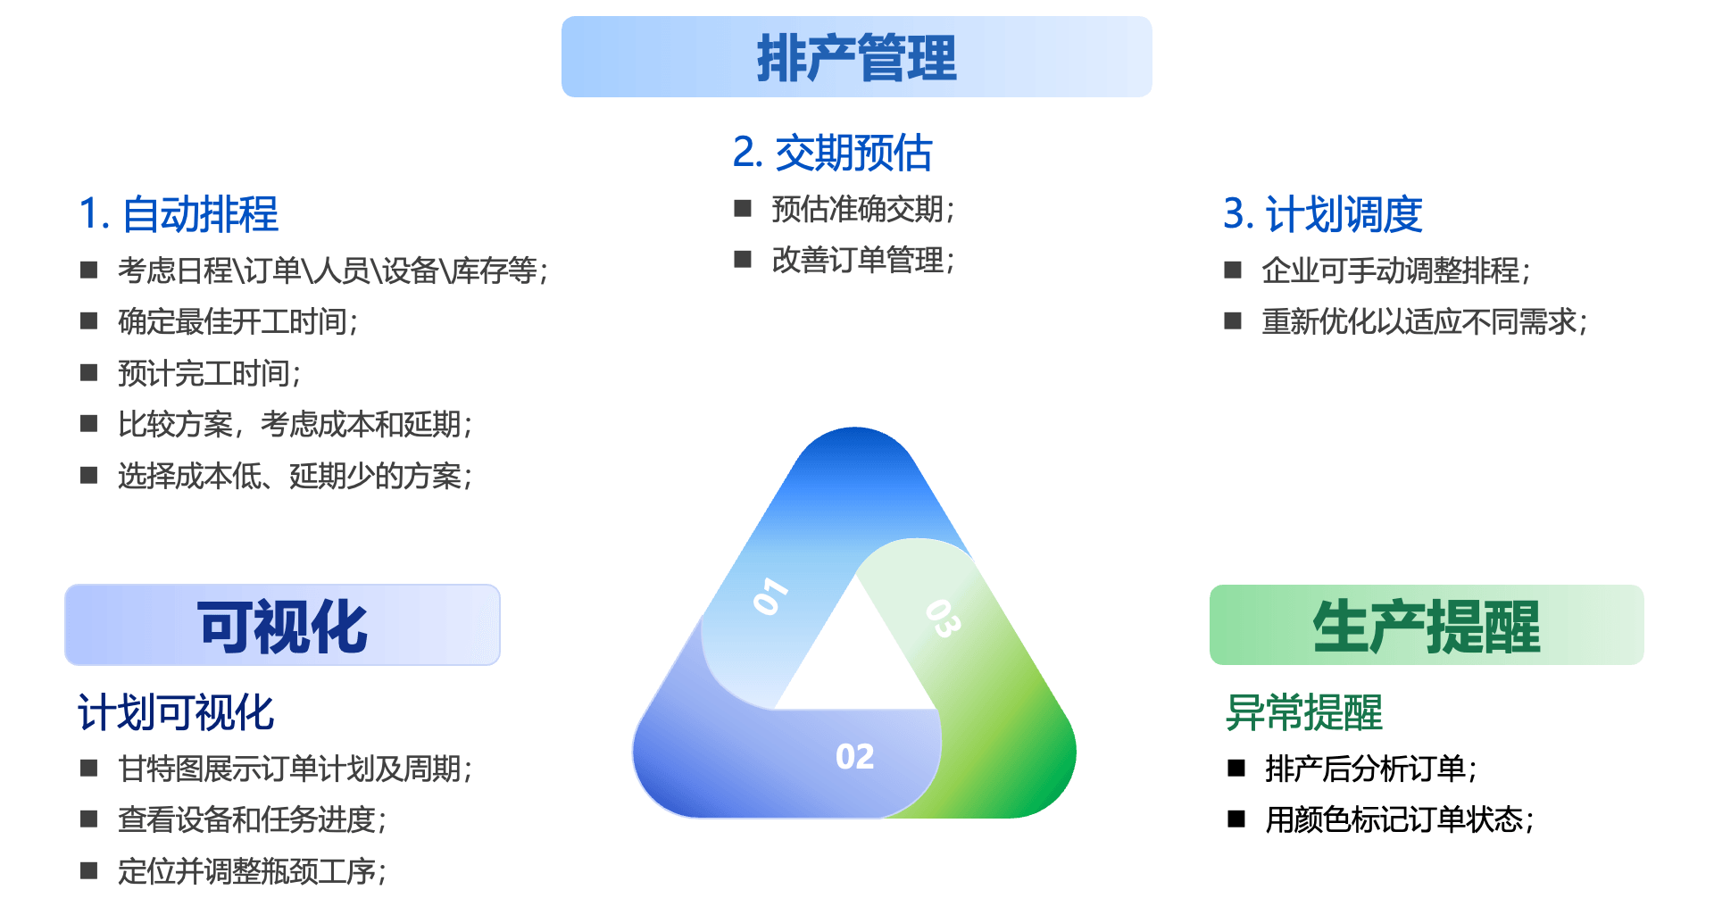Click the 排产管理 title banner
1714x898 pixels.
(x=856, y=57)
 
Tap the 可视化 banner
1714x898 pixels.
(x=282, y=626)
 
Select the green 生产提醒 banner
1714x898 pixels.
(x=1426, y=626)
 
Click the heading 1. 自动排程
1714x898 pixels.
(x=179, y=214)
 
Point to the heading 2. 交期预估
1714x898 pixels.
(x=832, y=153)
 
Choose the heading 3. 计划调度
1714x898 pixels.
(x=1322, y=214)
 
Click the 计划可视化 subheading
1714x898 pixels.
(x=176, y=712)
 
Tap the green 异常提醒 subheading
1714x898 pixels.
(x=1303, y=712)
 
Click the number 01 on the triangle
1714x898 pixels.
(x=770, y=596)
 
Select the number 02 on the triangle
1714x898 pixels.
(x=854, y=757)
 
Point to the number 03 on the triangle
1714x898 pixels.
(x=943, y=618)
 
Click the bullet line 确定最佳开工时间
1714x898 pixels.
(x=237, y=321)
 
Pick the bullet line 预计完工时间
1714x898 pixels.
(x=209, y=373)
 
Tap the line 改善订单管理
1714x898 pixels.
(x=862, y=260)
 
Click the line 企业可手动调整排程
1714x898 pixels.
(x=1395, y=270)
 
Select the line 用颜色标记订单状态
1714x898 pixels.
(x=1399, y=819)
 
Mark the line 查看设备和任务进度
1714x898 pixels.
(x=252, y=819)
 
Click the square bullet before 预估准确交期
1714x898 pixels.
(x=743, y=209)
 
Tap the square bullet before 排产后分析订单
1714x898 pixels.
(x=1236, y=769)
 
